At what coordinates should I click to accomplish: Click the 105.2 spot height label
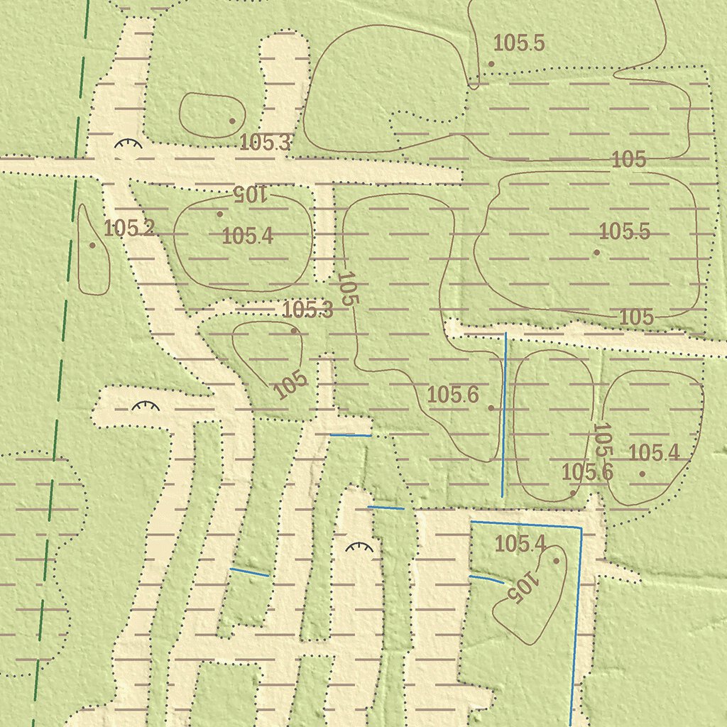tap(129, 228)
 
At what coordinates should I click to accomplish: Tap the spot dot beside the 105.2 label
tap(92, 246)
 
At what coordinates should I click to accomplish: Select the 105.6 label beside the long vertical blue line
tap(453, 395)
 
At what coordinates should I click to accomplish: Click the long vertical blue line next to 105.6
tap(504, 415)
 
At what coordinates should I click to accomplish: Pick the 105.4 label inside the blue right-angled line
tap(520, 545)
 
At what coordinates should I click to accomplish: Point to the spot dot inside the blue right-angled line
tap(556, 561)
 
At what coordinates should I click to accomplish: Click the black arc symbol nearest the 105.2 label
tap(129, 144)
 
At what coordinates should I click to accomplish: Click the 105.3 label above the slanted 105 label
tap(307, 310)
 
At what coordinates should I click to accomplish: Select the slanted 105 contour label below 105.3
tap(291, 384)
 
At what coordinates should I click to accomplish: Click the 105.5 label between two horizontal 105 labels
tap(624, 231)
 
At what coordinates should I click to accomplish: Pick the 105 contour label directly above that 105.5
tap(629, 160)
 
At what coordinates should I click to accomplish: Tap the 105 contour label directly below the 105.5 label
tap(636, 317)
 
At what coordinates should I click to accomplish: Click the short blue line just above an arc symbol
tap(386, 508)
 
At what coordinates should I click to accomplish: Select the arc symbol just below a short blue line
tap(359, 547)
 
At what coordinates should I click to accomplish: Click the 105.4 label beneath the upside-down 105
tap(248, 236)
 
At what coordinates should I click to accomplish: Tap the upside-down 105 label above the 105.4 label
tap(249, 193)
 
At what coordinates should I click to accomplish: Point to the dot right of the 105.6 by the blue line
tap(491, 408)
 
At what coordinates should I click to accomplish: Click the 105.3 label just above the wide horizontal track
tap(265, 143)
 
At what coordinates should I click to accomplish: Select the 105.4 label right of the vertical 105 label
tap(653, 452)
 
